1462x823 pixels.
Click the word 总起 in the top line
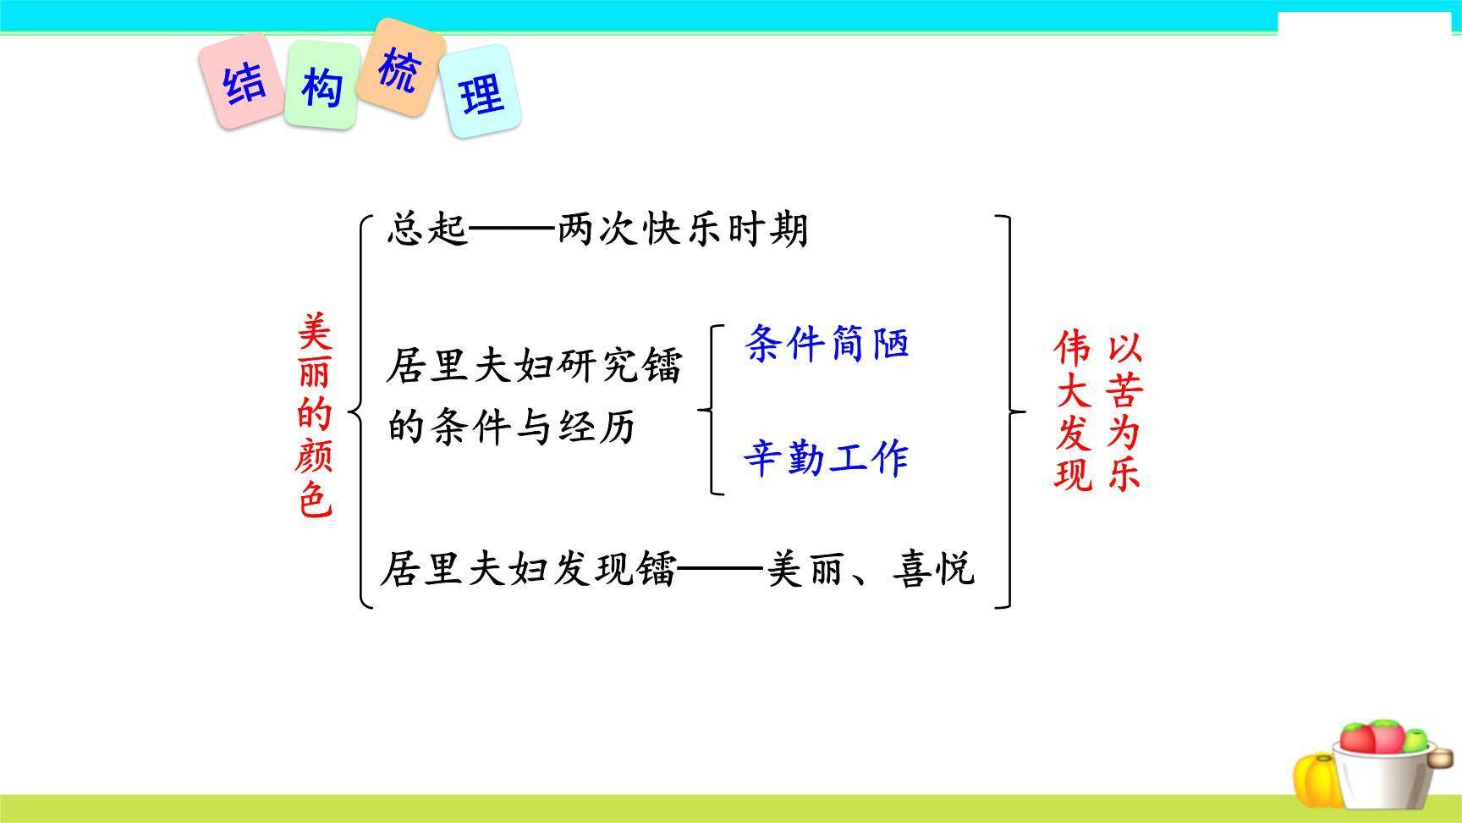(x=427, y=229)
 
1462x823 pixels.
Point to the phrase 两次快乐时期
(x=682, y=229)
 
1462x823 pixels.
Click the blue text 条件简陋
(x=826, y=344)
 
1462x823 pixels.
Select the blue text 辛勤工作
(x=826, y=458)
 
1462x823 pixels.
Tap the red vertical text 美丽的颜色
(x=315, y=415)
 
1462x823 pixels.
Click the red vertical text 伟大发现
(x=1073, y=411)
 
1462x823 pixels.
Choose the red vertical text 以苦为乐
(x=1124, y=411)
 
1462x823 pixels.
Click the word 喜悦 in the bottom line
(x=933, y=569)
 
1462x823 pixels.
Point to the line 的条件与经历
(x=511, y=427)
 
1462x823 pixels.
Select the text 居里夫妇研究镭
(x=533, y=367)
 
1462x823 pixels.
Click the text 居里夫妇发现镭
(x=528, y=569)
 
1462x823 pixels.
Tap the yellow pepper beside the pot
(x=1316, y=778)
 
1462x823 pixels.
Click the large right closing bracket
(x=1009, y=411)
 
